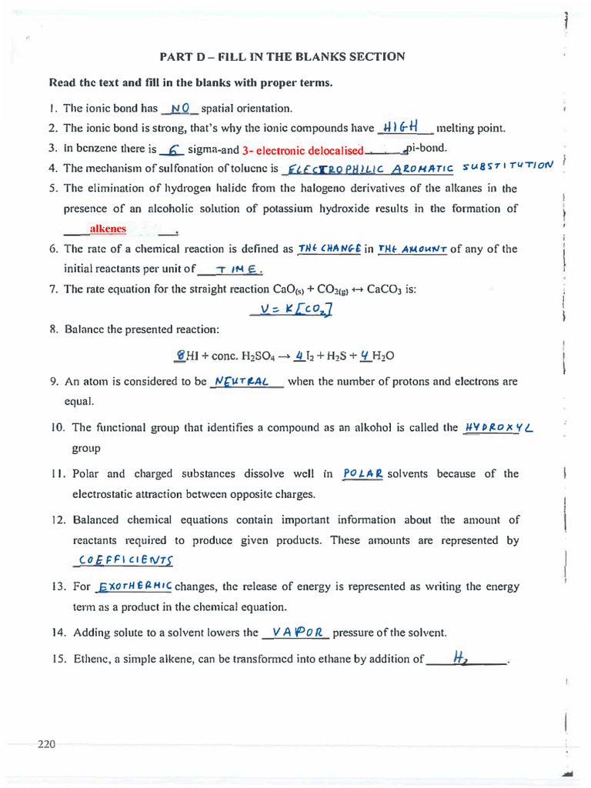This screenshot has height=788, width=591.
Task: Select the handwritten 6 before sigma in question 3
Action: [174, 149]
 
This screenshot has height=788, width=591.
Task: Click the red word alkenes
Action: [108, 229]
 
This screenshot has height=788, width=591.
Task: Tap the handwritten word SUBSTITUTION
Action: [509, 165]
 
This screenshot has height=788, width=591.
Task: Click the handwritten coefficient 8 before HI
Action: [180, 356]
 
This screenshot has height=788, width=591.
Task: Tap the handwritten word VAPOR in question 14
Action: [296, 632]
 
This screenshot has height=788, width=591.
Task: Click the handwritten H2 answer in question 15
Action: [461, 657]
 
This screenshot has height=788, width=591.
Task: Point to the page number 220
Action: [46, 744]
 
